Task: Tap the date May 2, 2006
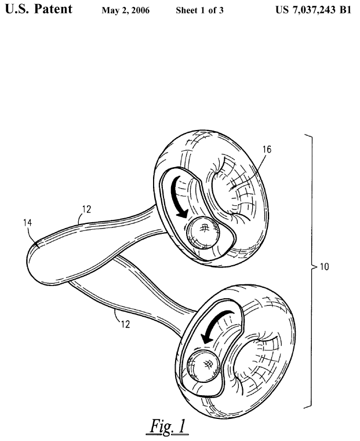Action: coord(126,12)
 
